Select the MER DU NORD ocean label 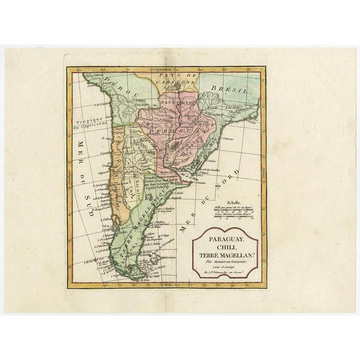[x=209, y=197]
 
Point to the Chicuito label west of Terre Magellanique [x=136, y=189]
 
